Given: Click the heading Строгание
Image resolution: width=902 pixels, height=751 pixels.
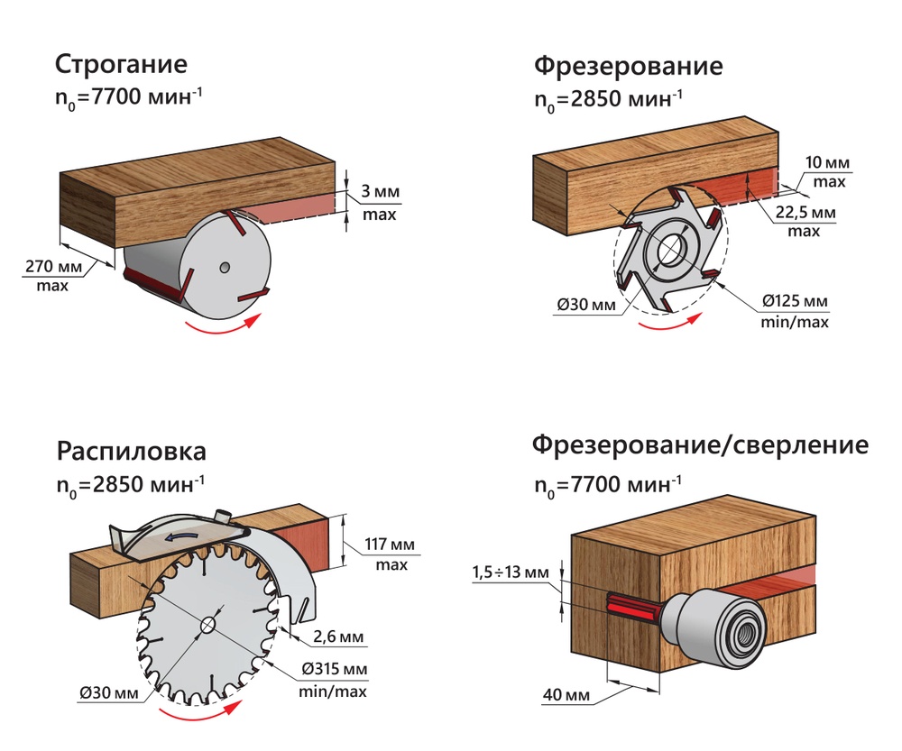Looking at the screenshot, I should point(121,66).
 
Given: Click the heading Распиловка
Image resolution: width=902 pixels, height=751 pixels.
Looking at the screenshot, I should point(131,451).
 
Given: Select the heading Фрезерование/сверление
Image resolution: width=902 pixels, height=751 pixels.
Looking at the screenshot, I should point(700,445).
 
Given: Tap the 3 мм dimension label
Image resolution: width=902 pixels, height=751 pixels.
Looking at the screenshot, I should point(381,193).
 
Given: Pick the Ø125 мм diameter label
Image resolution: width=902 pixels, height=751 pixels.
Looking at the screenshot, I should point(793,300).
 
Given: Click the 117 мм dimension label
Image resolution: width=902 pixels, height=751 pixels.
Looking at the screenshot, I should point(386,544).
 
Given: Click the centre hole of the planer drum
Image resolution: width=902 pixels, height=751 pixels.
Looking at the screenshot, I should point(225,267).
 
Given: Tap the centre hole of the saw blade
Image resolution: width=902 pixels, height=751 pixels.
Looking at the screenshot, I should point(208,624).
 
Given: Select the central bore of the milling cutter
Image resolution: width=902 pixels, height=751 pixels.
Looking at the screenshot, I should point(671,249).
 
